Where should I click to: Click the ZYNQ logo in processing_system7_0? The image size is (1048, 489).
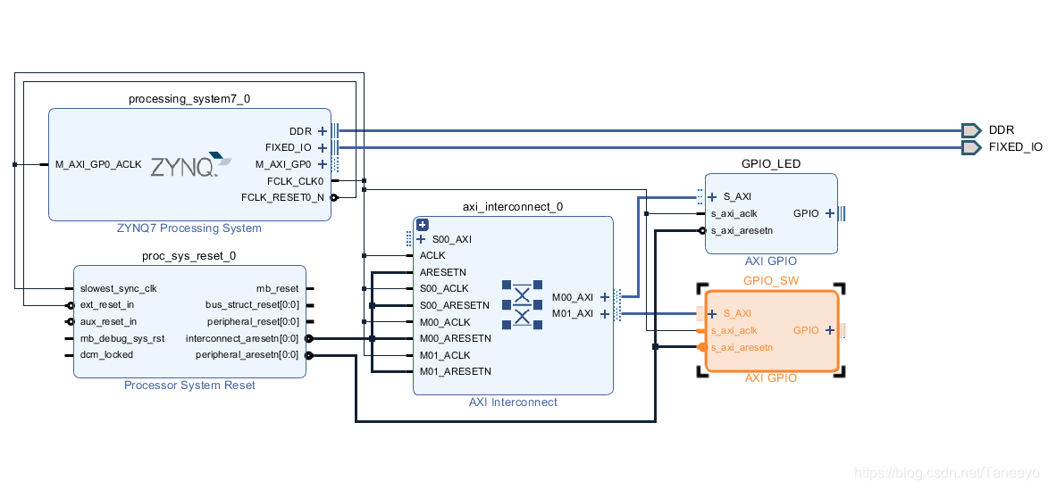point(189,165)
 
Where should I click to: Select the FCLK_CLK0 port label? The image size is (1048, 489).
point(295,181)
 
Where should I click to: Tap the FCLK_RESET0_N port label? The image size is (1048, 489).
point(282,197)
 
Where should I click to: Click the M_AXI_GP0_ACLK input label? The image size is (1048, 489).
point(98,164)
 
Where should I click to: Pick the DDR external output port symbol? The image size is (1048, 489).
point(971,130)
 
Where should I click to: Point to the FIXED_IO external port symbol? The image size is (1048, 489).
point(971,147)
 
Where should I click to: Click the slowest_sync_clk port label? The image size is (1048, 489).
point(118,288)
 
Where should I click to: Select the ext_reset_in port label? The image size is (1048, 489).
point(107,305)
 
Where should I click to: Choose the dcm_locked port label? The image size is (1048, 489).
point(106,354)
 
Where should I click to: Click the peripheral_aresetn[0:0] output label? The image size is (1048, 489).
point(247,354)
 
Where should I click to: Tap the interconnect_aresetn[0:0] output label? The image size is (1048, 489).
point(242,338)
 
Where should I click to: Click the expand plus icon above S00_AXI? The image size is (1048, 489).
point(423,225)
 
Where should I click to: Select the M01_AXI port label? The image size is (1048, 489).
point(573,313)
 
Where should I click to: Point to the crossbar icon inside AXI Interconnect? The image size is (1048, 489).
point(522,304)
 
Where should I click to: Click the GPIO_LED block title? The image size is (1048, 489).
point(771,163)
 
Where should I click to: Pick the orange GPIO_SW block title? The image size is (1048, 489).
point(771,280)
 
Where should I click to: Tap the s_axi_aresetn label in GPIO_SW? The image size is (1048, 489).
point(742,347)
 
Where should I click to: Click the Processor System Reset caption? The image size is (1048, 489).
point(189,385)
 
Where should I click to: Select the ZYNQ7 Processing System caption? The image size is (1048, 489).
point(189,228)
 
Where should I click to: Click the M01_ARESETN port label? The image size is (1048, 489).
point(455,371)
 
